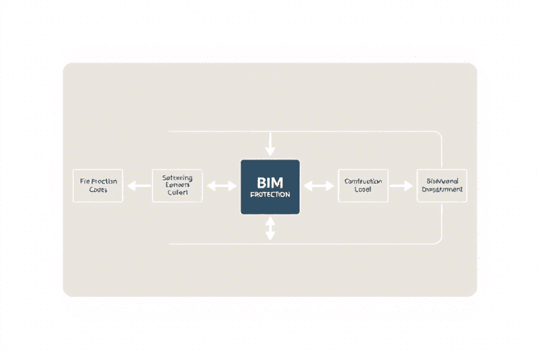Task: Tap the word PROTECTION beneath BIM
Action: point(270,194)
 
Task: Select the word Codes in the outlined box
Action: point(98,191)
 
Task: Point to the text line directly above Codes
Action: point(98,181)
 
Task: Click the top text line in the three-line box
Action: point(177,178)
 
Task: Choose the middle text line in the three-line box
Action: point(177,186)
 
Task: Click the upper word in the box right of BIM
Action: point(363,181)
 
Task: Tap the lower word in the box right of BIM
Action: point(363,190)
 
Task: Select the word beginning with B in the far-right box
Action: point(442,181)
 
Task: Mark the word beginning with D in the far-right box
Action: point(442,190)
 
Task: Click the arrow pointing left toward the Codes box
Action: point(138,186)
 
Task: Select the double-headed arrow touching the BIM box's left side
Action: point(221,186)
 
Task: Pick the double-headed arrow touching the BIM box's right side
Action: point(319,186)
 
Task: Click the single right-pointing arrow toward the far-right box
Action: point(401,186)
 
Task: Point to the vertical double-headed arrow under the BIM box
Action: point(270,228)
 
